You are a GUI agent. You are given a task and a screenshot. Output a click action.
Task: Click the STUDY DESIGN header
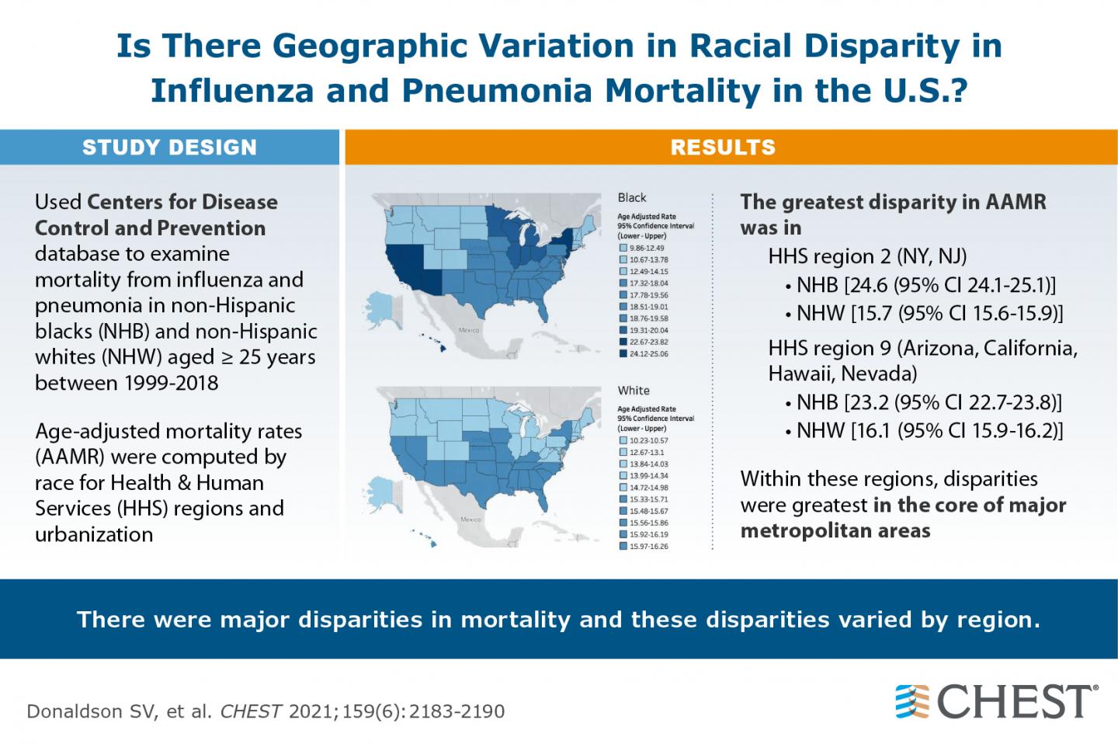pyautogui.click(x=169, y=148)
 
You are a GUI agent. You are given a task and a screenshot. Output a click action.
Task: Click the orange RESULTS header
pyautogui.click(x=723, y=148)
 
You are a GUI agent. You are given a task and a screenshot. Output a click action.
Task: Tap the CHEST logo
pyautogui.click(x=997, y=701)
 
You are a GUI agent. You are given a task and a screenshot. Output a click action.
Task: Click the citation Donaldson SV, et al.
pyautogui.click(x=118, y=711)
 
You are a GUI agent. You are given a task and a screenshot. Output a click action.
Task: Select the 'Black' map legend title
pyautogui.click(x=632, y=198)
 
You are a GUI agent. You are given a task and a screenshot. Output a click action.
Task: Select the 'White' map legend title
pyautogui.click(x=634, y=391)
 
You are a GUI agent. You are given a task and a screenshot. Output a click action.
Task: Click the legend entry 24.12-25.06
pyautogui.click(x=648, y=353)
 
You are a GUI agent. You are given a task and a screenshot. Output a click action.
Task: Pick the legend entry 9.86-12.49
pyautogui.click(x=646, y=248)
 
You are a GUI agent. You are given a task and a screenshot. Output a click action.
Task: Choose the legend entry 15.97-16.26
pyautogui.click(x=648, y=547)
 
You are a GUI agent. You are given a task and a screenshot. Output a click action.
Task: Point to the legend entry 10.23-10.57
pyautogui.click(x=648, y=440)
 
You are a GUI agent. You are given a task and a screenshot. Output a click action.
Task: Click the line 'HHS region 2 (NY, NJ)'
pyautogui.click(x=867, y=257)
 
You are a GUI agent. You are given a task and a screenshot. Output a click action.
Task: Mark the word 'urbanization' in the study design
pyautogui.click(x=94, y=534)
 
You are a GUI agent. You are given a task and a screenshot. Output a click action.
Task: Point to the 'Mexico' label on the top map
pyautogui.click(x=469, y=330)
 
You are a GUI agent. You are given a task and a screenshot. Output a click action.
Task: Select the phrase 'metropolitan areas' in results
pyautogui.click(x=835, y=531)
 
